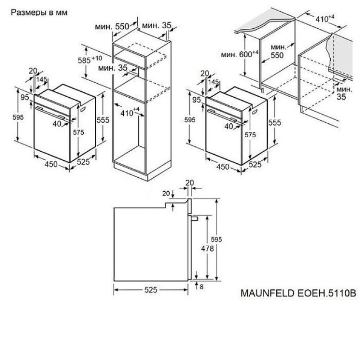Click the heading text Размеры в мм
pos(39,12)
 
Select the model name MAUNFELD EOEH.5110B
pos(298,293)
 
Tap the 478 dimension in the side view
pos(207,248)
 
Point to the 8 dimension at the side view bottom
pos(201,287)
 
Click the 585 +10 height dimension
pos(90,60)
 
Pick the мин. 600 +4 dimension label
pos(240,54)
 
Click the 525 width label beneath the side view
pos(151,290)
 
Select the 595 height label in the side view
pos(216,239)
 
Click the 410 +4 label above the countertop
pos(324,18)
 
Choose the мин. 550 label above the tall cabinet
pos(112,27)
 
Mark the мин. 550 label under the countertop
pos(277,51)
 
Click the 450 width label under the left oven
pos(51,164)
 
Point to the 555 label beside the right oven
pos(275,122)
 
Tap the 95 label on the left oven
pos(25,97)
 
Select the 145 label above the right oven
pos(213,82)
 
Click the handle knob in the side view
pos(194,218)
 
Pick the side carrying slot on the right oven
pos(255,112)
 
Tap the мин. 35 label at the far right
pos(344,93)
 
